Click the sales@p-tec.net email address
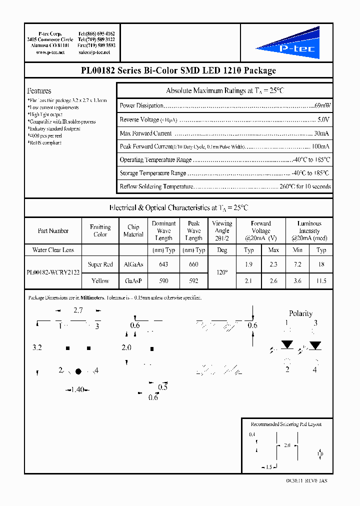(x=97, y=52)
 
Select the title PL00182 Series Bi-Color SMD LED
(x=178, y=70)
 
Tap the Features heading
(x=39, y=91)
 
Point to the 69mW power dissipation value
(x=322, y=106)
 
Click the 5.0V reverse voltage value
(x=323, y=120)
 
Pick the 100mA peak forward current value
(x=320, y=147)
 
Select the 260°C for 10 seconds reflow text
(x=305, y=186)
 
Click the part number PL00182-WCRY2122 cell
(x=53, y=273)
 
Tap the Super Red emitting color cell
(x=100, y=264)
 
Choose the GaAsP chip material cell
(x=133, y=281)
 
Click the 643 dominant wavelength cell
(x=163, y=264)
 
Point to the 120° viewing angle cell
(x=221, y=273)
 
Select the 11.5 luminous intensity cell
(x=321, y=281)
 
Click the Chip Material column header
(x=133, y=230)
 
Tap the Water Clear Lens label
(x=53, y=249)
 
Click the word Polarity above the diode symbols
(x=300, y=313)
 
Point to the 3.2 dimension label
(x=37, y=347)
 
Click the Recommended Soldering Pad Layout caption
(x=286, y=424)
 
